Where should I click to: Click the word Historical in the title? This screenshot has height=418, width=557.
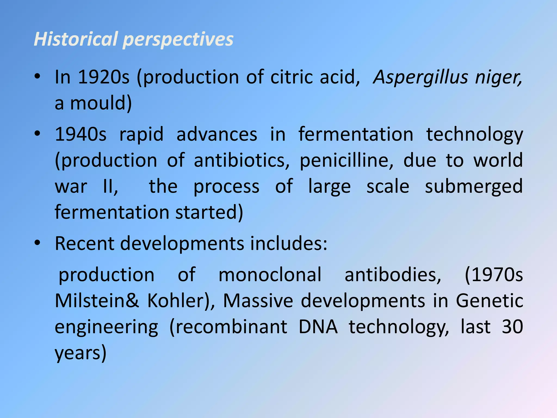76,39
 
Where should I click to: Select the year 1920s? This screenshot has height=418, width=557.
104,77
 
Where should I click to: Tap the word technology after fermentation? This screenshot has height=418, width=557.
474,134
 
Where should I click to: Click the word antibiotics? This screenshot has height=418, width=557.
242,160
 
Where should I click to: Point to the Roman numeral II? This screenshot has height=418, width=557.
110,187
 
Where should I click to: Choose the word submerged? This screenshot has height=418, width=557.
474,187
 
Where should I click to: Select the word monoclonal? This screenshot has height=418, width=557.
270,274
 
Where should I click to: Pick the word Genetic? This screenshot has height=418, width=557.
489,300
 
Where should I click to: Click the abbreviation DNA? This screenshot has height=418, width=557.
318,327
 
